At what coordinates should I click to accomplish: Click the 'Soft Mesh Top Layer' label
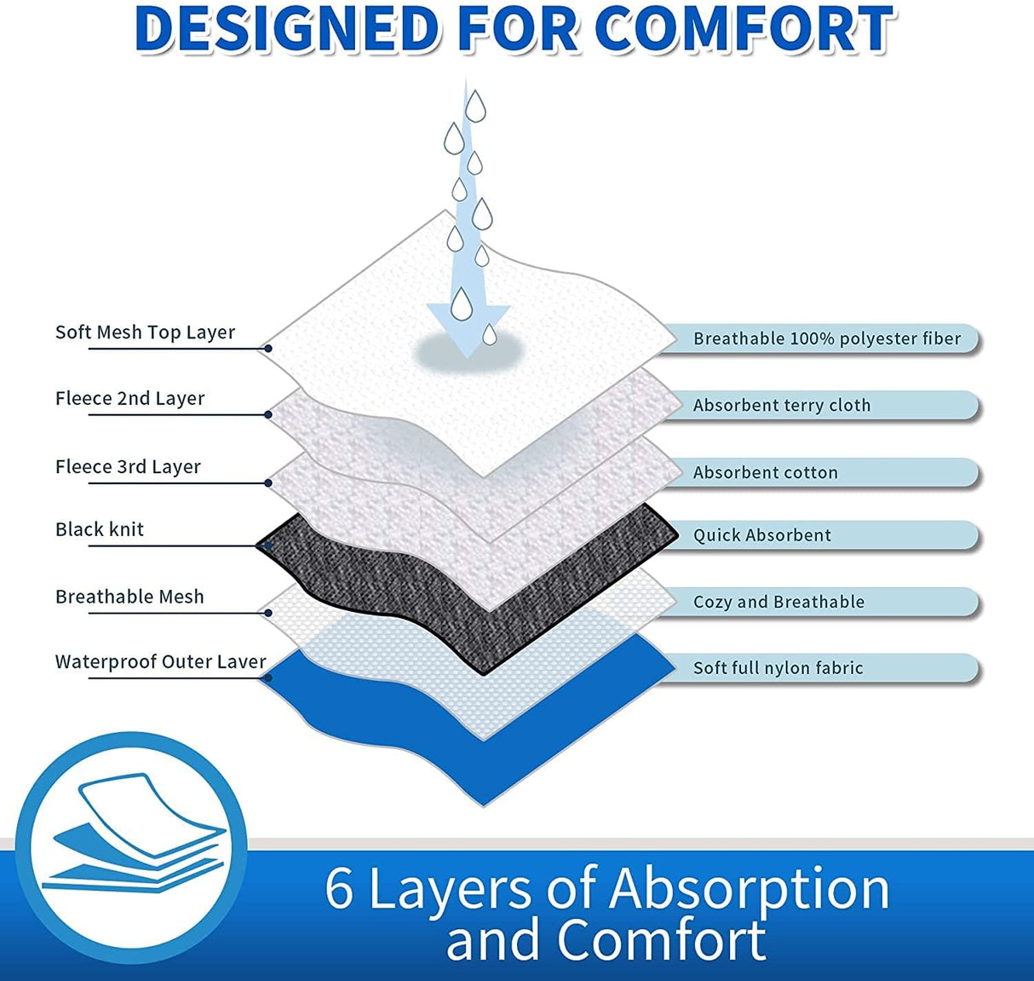pyautogui.click(x=145, y=332)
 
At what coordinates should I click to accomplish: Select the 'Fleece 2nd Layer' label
pyautogui.click(x=129, y=399)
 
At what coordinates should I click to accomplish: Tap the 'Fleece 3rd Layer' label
pyautogui.click(x=128, y=467)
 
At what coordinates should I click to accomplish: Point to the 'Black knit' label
pyautogui.click(x=100, y=529)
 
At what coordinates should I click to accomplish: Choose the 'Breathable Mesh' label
pyautogui.click(x=129, y=597)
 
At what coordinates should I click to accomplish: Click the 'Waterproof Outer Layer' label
pyautogui.click(x=160, y=662)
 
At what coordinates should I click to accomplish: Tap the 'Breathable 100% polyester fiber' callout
pyautogui.click(x=826, y=339)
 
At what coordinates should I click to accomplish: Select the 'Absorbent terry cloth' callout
pyautogui.click(x=782, y=406)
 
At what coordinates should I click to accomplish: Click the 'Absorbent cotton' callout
pyautogui.click(x=765, y=473)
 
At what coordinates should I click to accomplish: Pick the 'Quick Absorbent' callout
pyautogui.click(x=761, y=535)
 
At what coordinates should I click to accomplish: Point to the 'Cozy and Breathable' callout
pyautogui.click(x=778, y=603)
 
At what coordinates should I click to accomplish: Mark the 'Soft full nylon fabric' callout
pyautogui.click(x=778, y=668)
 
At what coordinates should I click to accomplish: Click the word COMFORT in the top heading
pyautogui.click(x=744, y=30)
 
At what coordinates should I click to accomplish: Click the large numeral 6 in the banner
pyautogui.click(x=339, y=888)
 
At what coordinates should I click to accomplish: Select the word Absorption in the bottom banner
pyautogui.click(x=750, y=888)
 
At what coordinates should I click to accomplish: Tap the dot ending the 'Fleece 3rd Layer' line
pyautogui.click(x=268, y=483)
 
